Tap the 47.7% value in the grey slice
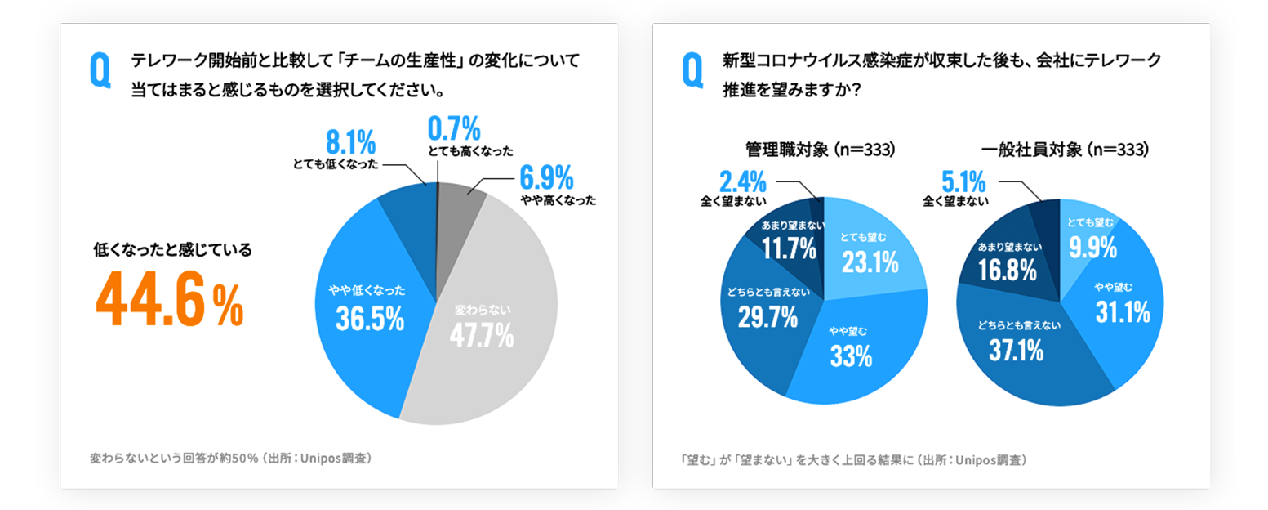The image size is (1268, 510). coord(482,334)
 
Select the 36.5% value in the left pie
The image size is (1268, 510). coord(370,319)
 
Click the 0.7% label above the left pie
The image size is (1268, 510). coord(454,129)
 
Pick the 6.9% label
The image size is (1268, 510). coord(546,177)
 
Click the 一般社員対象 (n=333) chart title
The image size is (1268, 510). coord(1065,150)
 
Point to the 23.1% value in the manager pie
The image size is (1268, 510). coord(870,262)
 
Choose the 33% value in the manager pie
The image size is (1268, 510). coord(852,356)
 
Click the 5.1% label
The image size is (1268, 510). coord(963,179)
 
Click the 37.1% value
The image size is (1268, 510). coord(1016,351)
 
